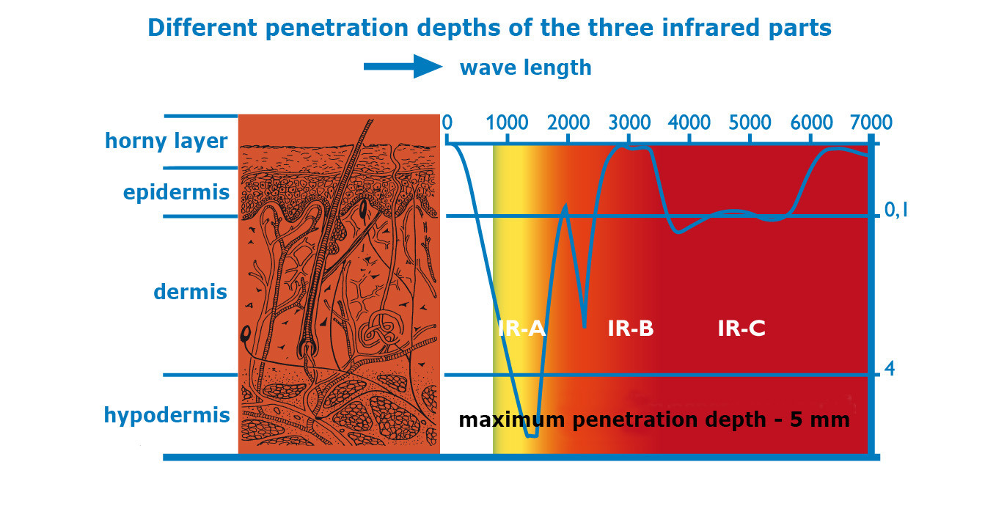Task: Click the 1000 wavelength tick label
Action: tap(507, 122)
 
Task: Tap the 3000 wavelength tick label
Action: tap(629, 122)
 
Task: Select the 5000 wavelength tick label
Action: tap(750, 122)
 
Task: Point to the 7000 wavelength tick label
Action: tap(871, 122)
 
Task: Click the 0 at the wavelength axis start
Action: tap(447, 122)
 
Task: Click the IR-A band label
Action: tap(521, 329)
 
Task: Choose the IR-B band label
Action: tap(631, 329)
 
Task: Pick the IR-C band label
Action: tap(741, 329)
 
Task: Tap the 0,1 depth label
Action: tap(896, 210)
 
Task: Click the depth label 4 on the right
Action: tap(890, 369)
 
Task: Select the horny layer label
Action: tap(166, 142)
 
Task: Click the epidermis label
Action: tap(176, 193)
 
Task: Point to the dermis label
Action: tap(190, 292)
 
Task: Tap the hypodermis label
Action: tap(166, 415)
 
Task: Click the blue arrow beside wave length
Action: tap(403, 67)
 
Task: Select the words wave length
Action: tap(526, 68)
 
